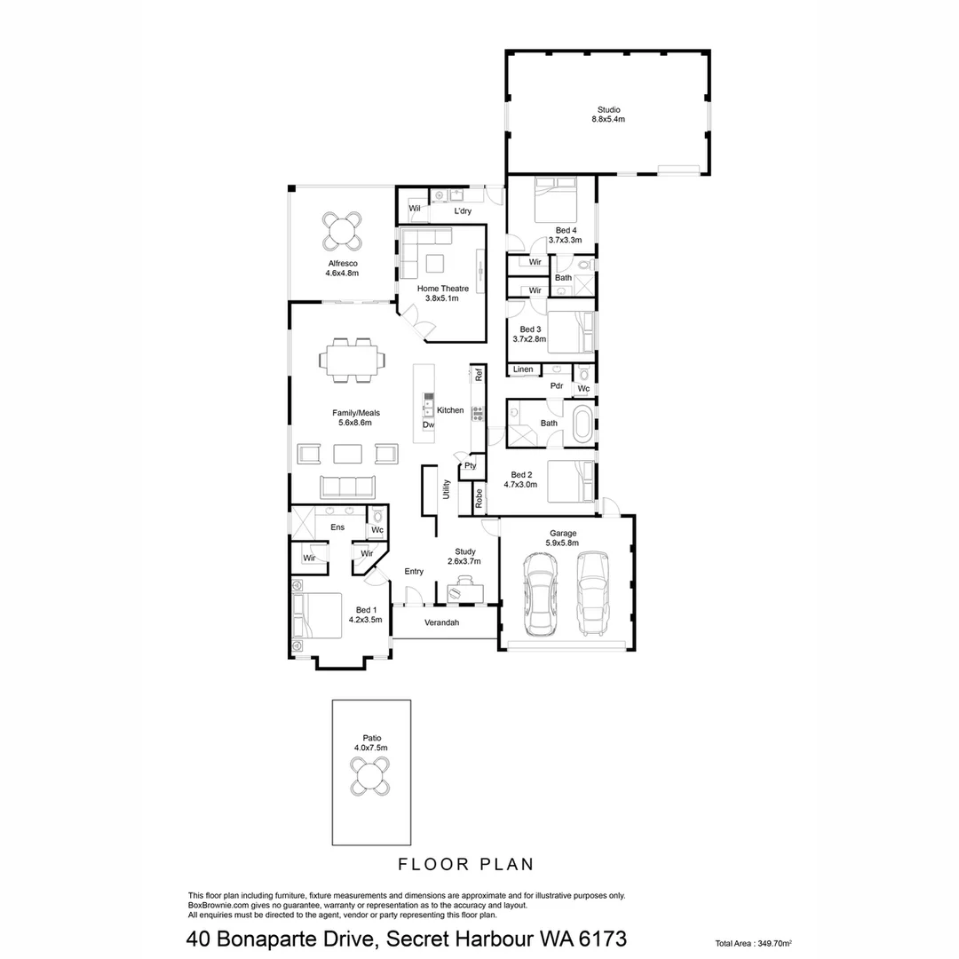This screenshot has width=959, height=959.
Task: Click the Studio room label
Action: [x=609, y=109]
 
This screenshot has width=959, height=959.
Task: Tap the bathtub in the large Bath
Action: [x=583, y=424]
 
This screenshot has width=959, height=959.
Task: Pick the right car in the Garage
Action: [x=594, y=593]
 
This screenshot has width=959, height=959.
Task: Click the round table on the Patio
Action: [x=370, y=779]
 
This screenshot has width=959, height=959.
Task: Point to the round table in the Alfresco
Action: [x=342, y=232]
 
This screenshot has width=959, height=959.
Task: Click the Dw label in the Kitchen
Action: [x=428, y=425]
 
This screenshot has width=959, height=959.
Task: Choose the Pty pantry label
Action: [x=470, y=465]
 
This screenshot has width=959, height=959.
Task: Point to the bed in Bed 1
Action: [x=320, y=614]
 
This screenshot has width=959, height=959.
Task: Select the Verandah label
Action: [x=441, y=623]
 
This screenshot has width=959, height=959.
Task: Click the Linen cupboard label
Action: [x=523, y=369]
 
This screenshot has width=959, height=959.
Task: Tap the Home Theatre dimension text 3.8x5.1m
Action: [x=441, y=298]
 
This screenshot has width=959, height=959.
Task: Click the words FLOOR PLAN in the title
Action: [x=464, y=863]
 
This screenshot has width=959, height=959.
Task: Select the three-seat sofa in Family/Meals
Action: [x=346, y=487]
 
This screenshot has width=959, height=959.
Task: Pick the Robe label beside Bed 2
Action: [x=479, y=498]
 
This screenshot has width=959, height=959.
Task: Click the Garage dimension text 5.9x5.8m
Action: [x=562, y=543]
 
